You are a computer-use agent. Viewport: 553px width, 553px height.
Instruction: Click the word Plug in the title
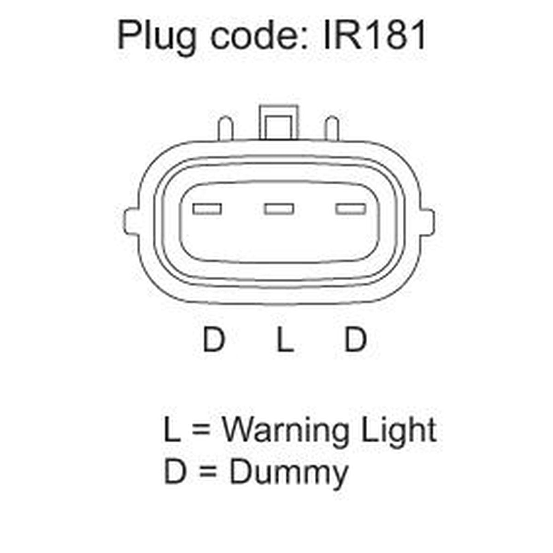[x=156, y=37]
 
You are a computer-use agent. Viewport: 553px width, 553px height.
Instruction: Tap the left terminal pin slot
[x=207, y=209]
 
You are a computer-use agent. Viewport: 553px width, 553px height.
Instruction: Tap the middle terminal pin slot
[x=279, y=209]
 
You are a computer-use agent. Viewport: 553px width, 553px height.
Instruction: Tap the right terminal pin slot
[x=351, y=209]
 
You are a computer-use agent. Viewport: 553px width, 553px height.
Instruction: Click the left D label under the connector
[x=213, y=340]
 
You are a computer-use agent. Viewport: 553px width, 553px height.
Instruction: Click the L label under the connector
[x=285, y=340]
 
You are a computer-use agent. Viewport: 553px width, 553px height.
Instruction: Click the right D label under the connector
[x=355, y=340]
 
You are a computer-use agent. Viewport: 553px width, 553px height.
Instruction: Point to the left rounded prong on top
[x=226, y=128]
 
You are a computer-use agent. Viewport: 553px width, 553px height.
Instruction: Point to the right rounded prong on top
[x=332, y=128]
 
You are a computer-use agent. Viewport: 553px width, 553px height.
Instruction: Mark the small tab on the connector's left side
[x=131, y=222]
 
